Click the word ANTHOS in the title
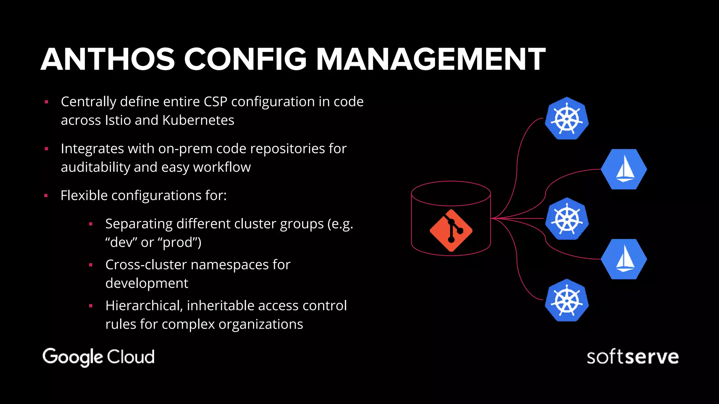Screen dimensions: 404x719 pyautogui.click(x=108, y=59)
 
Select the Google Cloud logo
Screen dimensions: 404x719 pyautogui.click(x=98, y=357)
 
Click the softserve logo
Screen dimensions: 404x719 pyautogui.click(x=633, y=357)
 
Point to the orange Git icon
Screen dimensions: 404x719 pyautogui.click(x=451, y=230)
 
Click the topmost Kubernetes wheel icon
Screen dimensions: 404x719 pyautogui.click(x=567, y=119)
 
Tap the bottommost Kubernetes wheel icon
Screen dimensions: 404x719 pyautogui.click(x=567, y=301)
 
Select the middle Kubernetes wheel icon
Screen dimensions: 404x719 pyautogui.click(x=567, y=219)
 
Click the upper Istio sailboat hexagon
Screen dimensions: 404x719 pyautogui.click(x=624, y=169)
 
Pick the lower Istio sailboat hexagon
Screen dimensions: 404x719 pyautogui.click(x=624, y=259)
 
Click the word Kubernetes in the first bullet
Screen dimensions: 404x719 pyautogui.click(x=198, y=120)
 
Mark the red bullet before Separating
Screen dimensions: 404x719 pyautogui.click(x=91, y=224)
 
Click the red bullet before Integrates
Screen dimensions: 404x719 pyautogui.click(x=46, y=149)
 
